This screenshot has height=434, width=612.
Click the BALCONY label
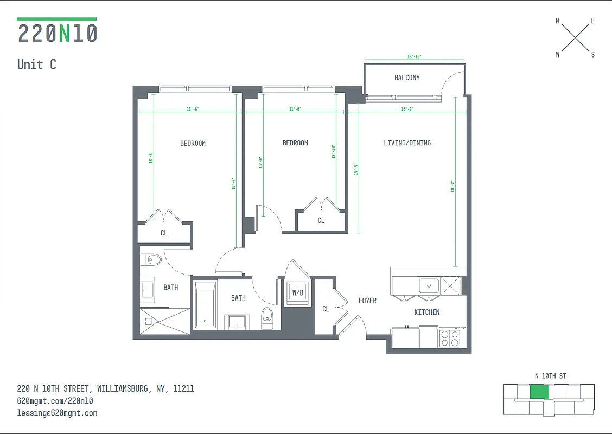[407, 78]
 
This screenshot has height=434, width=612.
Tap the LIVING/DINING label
[407, 143]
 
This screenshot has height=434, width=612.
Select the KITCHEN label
[427, 312]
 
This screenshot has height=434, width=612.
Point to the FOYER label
[367, 301]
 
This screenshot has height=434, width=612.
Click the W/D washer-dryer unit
[298, 293]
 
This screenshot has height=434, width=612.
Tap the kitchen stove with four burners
[449, 339]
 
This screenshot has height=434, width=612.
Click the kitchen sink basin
[429, 285]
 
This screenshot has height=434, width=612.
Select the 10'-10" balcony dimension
[414, 56]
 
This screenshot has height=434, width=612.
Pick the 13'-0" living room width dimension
[407, 109]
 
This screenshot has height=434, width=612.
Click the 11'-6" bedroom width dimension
[193, 109]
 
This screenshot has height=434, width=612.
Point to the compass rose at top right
[575, 37]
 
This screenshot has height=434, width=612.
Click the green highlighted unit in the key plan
[539, 392]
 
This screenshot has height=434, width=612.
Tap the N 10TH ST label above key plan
[550, 376]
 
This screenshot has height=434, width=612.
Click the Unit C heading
[37, 65]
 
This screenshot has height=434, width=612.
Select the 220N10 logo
[58, 33]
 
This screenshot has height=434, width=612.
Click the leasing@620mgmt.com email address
[58, 413]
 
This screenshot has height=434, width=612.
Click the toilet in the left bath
[154, 260]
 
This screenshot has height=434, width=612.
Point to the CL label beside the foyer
[326, 309]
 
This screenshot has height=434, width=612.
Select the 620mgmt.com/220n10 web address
[55, 401]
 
